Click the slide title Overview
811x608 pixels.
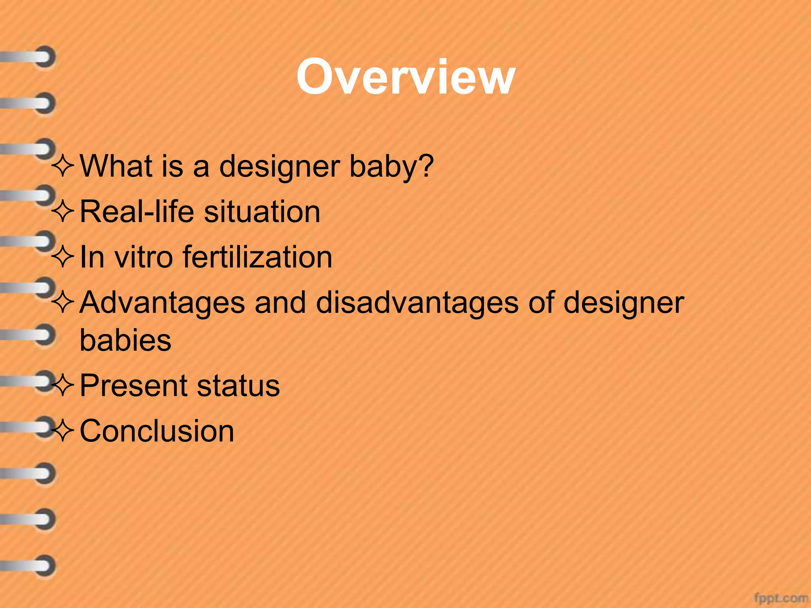pyautogui.click(x=405, y=77)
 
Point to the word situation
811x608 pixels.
pyautogui.click(x=262, y=211)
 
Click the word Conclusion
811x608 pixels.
pyautogui.click(x=157, y=431)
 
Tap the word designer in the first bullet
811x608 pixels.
pyautogui.click(x=279, y=166)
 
